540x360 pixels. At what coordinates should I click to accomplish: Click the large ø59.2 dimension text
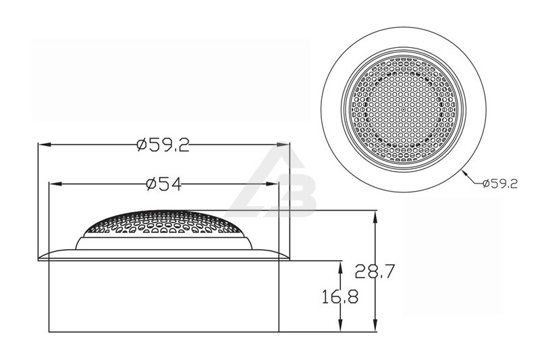[x=163, y=145]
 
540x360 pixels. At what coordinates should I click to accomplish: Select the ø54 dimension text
[x=163, y=184]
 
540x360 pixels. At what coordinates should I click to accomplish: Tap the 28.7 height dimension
[x=375, y=271]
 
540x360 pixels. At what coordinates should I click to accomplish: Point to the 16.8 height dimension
[x=340, y=297]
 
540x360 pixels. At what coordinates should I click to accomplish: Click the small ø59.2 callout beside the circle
[x=500, y=183]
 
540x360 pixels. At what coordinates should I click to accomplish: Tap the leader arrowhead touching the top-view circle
[x=464, y=172]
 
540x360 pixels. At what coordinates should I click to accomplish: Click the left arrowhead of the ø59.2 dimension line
[x=44, y=145]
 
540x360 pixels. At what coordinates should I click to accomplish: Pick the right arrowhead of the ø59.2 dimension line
[x=283, y=145]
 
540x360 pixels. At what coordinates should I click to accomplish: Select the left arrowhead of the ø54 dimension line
[x=55, y=184]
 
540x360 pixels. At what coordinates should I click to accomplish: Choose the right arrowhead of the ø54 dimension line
[x=272, y=184]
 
